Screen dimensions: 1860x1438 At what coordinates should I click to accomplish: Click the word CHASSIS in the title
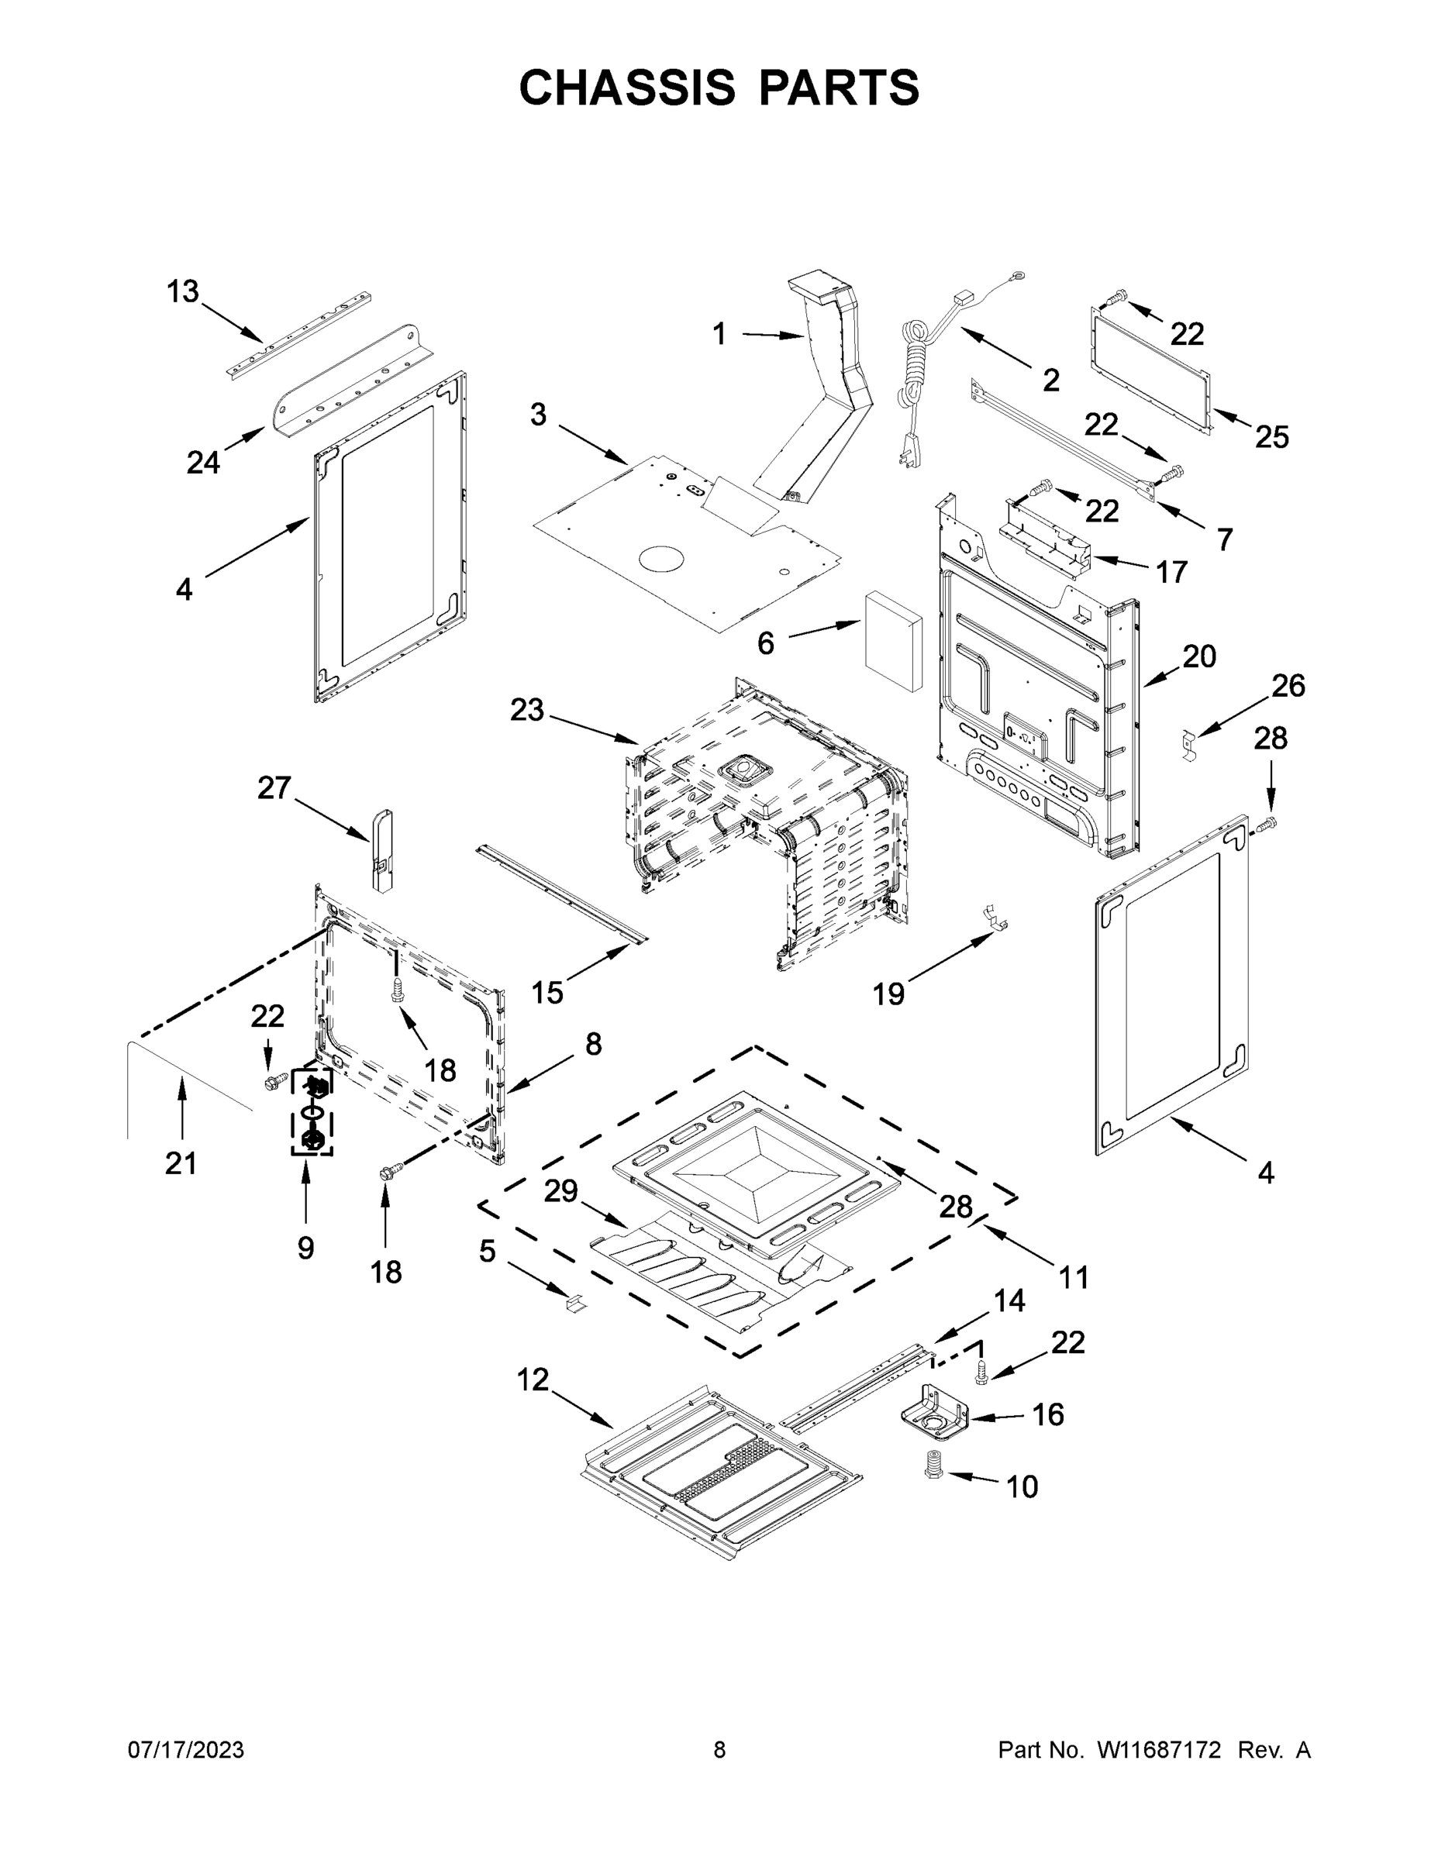point(627,87)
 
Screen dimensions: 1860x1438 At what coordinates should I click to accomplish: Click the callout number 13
point(182,292)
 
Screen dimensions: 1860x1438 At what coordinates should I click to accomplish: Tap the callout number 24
point(204,463)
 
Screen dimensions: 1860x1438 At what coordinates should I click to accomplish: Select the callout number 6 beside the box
point(766,644)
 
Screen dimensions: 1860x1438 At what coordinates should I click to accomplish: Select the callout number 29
point(561,1190)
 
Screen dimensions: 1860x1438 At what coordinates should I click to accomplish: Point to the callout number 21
point(181,1162)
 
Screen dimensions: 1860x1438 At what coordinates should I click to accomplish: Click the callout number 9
point(306,1249)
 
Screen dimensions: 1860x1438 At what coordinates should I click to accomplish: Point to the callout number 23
point(526,709)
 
